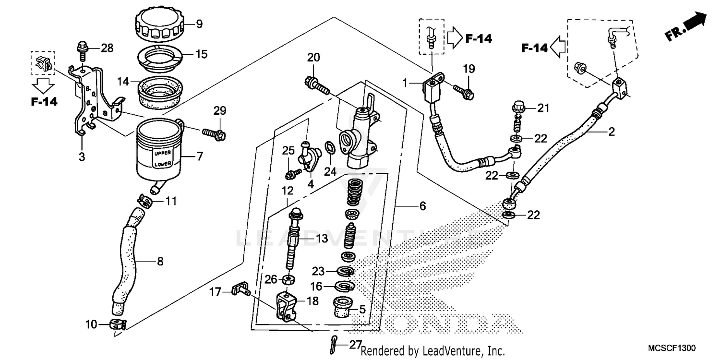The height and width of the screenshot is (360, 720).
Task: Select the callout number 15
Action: [202, 54]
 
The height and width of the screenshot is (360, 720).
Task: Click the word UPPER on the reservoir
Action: [161, 154]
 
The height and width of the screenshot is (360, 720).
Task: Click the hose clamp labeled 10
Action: [117, 324]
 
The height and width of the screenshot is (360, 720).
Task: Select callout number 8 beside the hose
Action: [160, 262]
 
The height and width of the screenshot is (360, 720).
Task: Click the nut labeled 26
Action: [288, 278]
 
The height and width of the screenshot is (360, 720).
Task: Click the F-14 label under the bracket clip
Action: [44, 101]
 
